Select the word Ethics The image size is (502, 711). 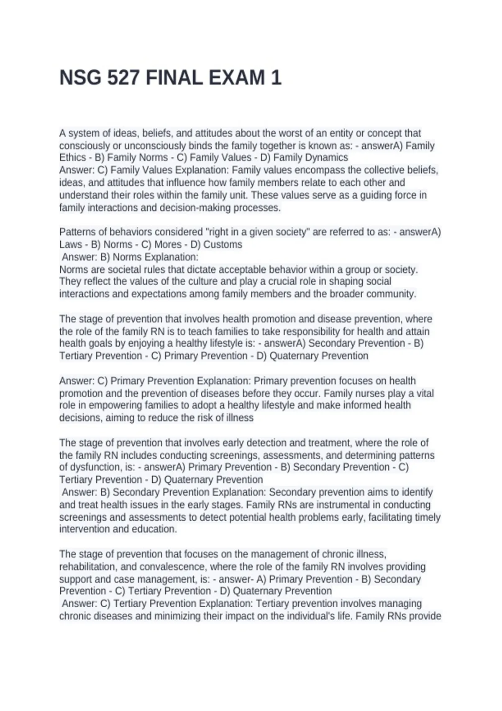click(x=72, y=158)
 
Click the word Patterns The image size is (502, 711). click(x=77, y=232)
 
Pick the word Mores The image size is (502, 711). click(x=168, y=244)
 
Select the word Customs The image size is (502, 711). click(x=223, y=244)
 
